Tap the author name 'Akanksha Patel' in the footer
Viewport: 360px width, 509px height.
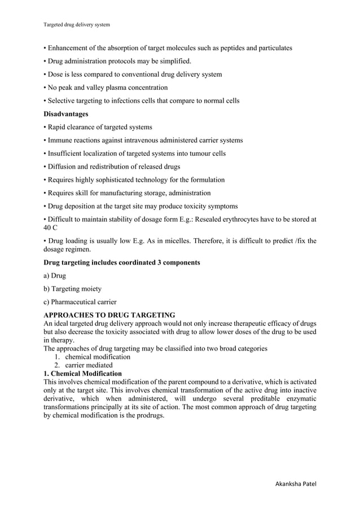coord(295,484)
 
